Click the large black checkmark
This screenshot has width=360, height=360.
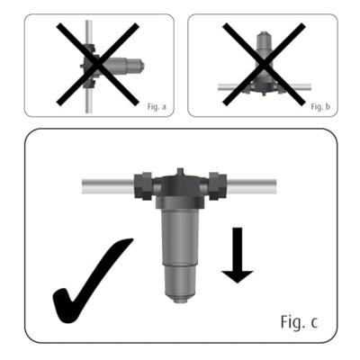coord(90,283)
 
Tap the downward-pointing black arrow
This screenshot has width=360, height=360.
coord(238,256)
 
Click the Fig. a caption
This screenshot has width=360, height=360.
coord(157,105)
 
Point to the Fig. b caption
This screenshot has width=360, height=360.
coord(321,105)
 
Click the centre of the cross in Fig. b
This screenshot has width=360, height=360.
coord(262,65)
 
